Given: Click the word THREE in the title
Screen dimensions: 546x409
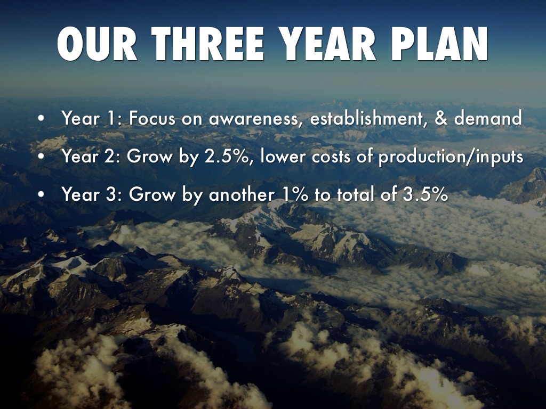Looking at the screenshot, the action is pyautogui.click(x=207, y=44).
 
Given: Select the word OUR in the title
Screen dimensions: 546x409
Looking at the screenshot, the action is pyautogui.click(x=97, y=44).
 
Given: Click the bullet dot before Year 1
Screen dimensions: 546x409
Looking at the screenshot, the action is pyautogui.click(x=42, y=118).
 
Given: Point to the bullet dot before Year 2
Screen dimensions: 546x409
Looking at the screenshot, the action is pyautogui.click(x=42, y=156).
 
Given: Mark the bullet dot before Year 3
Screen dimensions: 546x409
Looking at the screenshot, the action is pyautogui.click(x=42, y=194).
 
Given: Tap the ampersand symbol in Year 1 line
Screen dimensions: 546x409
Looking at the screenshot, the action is pyautogui.click(x=441, y=118).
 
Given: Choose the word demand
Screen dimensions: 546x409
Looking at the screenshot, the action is pyautogui.click(x=488, y=118).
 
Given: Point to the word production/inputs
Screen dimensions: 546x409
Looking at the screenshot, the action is pyautogui.click(x=451, y=157).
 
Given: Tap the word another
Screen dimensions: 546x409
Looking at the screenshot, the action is pyautogui.click(x=241, y=194).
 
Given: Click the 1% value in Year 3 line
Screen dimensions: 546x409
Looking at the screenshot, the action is pyautogui.click(x=295, y=194).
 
